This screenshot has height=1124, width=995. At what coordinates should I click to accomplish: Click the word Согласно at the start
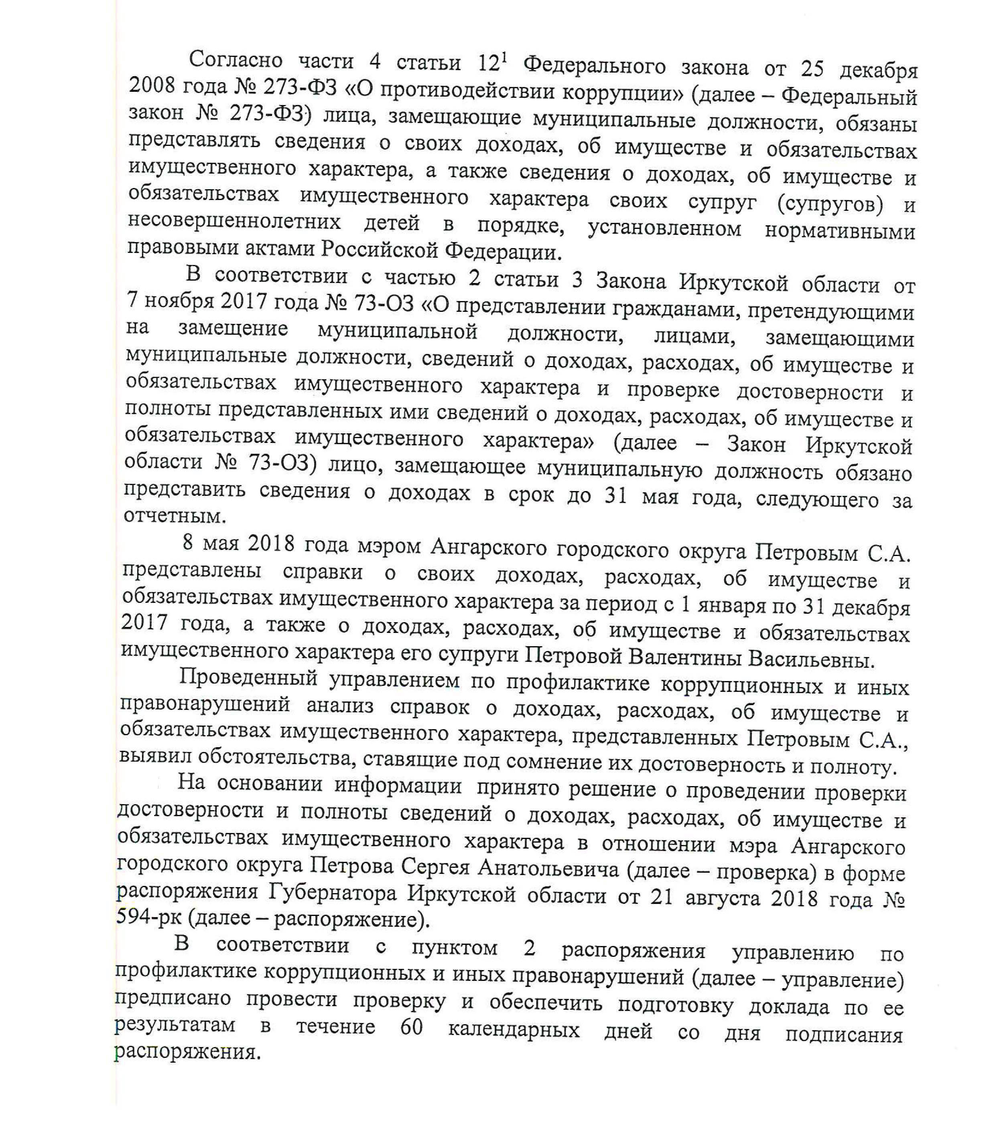point(236,59)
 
